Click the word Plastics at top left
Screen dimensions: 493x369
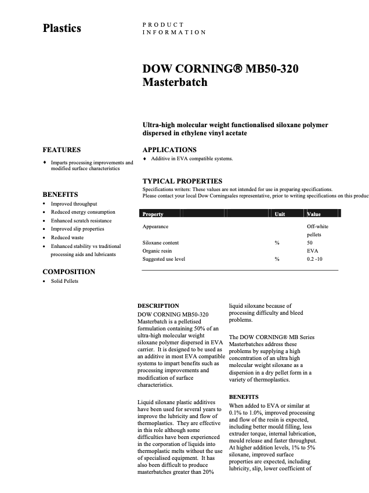(x=62, y=28)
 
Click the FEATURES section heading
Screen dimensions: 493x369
(x=62, y=149)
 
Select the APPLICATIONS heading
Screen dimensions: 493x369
(x=169, y=149)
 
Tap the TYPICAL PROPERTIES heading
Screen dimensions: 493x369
(x=182, y=181)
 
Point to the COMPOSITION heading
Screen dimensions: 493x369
(x=69, y=271)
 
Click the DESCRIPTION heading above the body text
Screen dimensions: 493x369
(x=158, y=305)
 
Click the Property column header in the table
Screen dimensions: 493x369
(x=153, y=214)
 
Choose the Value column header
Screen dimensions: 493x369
(x=313, y=214)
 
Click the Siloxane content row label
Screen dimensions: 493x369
(x=161, y=243)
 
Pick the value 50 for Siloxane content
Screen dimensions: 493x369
(x=310, y=243)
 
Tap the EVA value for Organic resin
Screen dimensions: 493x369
(x=312, y=251)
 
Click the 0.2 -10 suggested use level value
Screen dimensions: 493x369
(x=315, y=259)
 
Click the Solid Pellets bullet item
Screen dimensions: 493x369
(x=64, y=281)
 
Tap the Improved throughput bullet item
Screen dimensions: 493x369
(x=74, y=204)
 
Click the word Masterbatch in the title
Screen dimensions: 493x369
(x=175, y=82)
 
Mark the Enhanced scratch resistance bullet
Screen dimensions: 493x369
(x=81, y=221)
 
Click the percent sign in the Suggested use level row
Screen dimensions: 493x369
(x=277, y=259)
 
